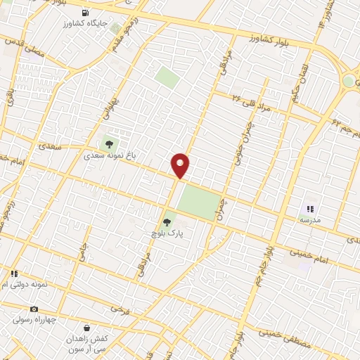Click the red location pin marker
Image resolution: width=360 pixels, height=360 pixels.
coord(180,164)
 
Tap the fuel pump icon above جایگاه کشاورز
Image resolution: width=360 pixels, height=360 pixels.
coord(86,13)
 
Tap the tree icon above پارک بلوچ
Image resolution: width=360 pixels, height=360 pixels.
coord(166,223)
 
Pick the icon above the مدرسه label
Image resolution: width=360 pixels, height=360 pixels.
coord(310,210)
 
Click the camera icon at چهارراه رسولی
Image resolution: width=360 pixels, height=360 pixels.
coord(33,309)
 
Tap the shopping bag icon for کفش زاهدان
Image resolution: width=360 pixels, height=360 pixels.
coord(86,328)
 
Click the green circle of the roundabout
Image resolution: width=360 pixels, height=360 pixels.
coord(349,82)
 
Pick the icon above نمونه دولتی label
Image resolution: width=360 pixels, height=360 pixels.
coord(13,274)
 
